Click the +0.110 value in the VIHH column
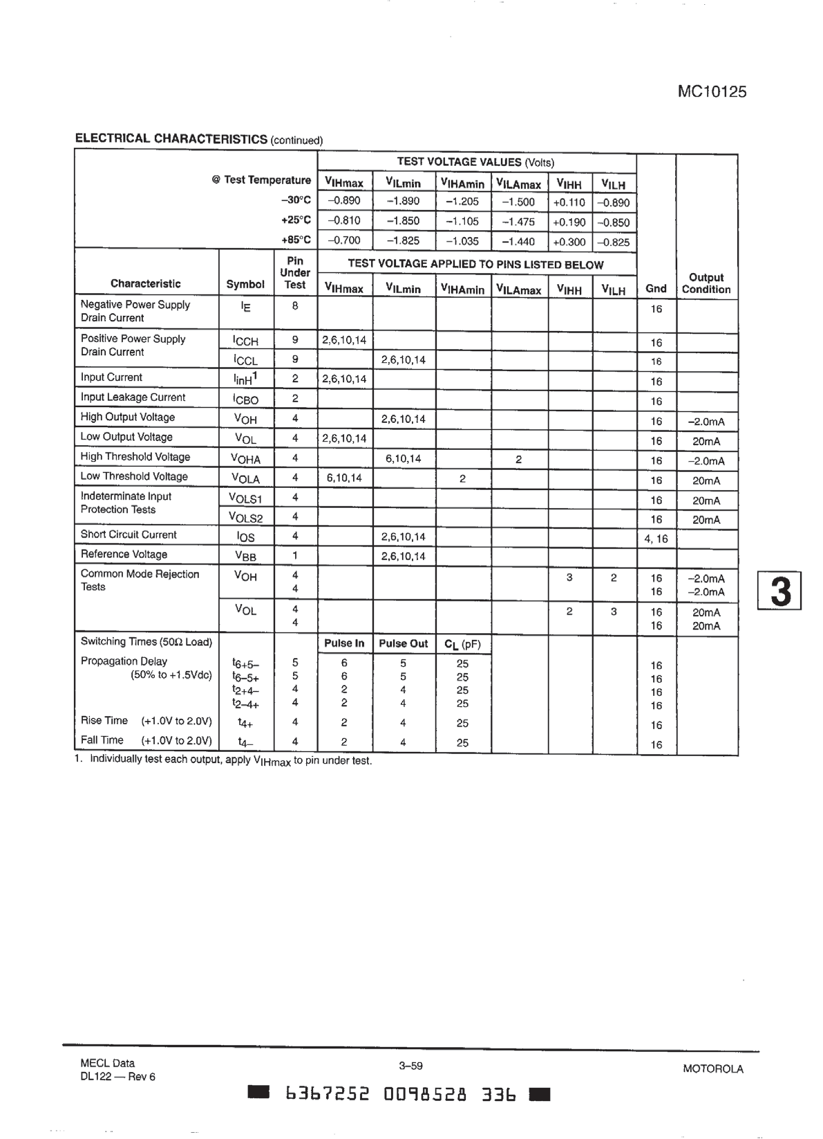click(x=569, y=203)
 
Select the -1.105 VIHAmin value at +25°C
click(x=462, y=221)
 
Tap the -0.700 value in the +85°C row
click(x=343, y=241)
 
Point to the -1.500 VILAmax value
click(x=518, y=202)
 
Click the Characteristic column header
click(x=145, y=283)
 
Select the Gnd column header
click(x=656, y=289)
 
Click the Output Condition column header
click(x=706, y=283)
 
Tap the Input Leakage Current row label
click(x=133, y=397)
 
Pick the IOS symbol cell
click(x=245, y=536)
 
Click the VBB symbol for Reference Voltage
click(x=246, y=556)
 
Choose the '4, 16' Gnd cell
click(x=656, y=538)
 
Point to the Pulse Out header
click(x=404, y=643)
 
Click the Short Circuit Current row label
click(x=129, y=534)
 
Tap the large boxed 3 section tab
click(x=780, y=591)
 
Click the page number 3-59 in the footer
click(x=410, y=1066)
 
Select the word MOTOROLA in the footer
click(x=712, y=1069)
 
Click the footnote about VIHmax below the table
click(x=223, y=760)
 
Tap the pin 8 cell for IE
click(x=295, y=305)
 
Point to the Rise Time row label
click(x=104, y=720)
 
